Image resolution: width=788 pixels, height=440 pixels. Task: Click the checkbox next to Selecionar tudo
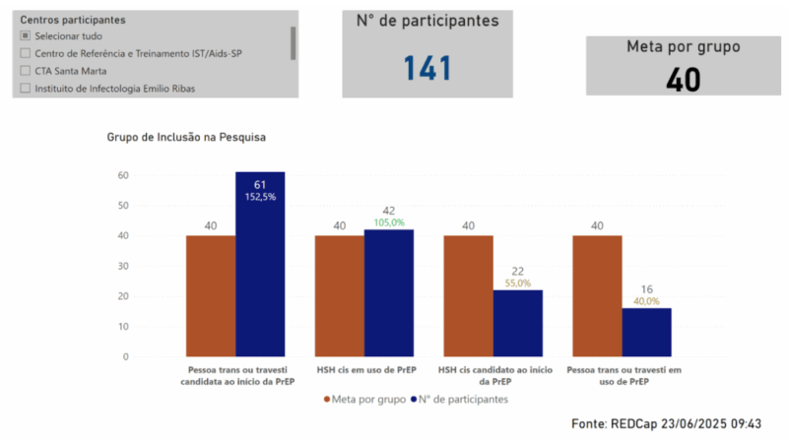pos(25,35)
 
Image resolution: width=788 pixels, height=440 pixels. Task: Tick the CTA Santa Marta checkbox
pos(25,71)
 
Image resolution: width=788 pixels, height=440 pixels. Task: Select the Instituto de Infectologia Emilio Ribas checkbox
pos(25,89)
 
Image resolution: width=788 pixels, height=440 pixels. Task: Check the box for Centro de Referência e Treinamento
pos(25,53)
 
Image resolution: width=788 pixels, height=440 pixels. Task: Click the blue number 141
pos(427,69)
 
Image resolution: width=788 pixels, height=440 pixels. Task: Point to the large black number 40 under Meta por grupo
pos(683,79)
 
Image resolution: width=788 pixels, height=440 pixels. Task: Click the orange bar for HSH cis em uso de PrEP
pos(340,295)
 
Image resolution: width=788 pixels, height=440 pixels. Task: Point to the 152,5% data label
pos(260,197)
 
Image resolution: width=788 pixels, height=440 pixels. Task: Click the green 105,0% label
pos(389,222)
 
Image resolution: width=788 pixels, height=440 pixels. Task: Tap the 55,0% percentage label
pos(517,283)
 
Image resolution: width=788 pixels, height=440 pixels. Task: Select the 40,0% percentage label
pos(646,301)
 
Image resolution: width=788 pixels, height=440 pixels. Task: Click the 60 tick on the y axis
pos(123,175)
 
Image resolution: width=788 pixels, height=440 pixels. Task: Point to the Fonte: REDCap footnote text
pos(666,423)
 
